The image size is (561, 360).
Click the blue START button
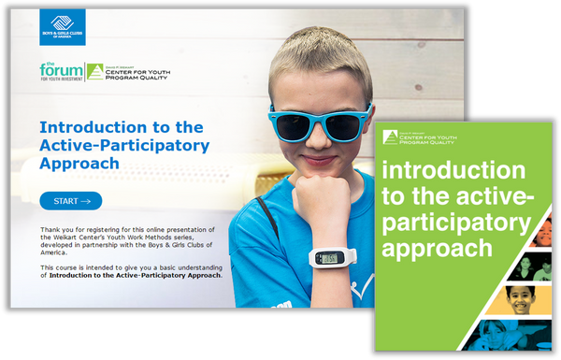tap(71, 201)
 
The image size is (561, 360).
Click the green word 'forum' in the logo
tap(57, 70)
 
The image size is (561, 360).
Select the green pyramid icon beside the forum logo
tap(94, 71)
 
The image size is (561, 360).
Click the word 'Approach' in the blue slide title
tap(80, 163)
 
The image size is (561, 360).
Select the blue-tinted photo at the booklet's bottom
tap(514, 337)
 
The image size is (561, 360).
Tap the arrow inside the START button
tap(86, 201)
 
